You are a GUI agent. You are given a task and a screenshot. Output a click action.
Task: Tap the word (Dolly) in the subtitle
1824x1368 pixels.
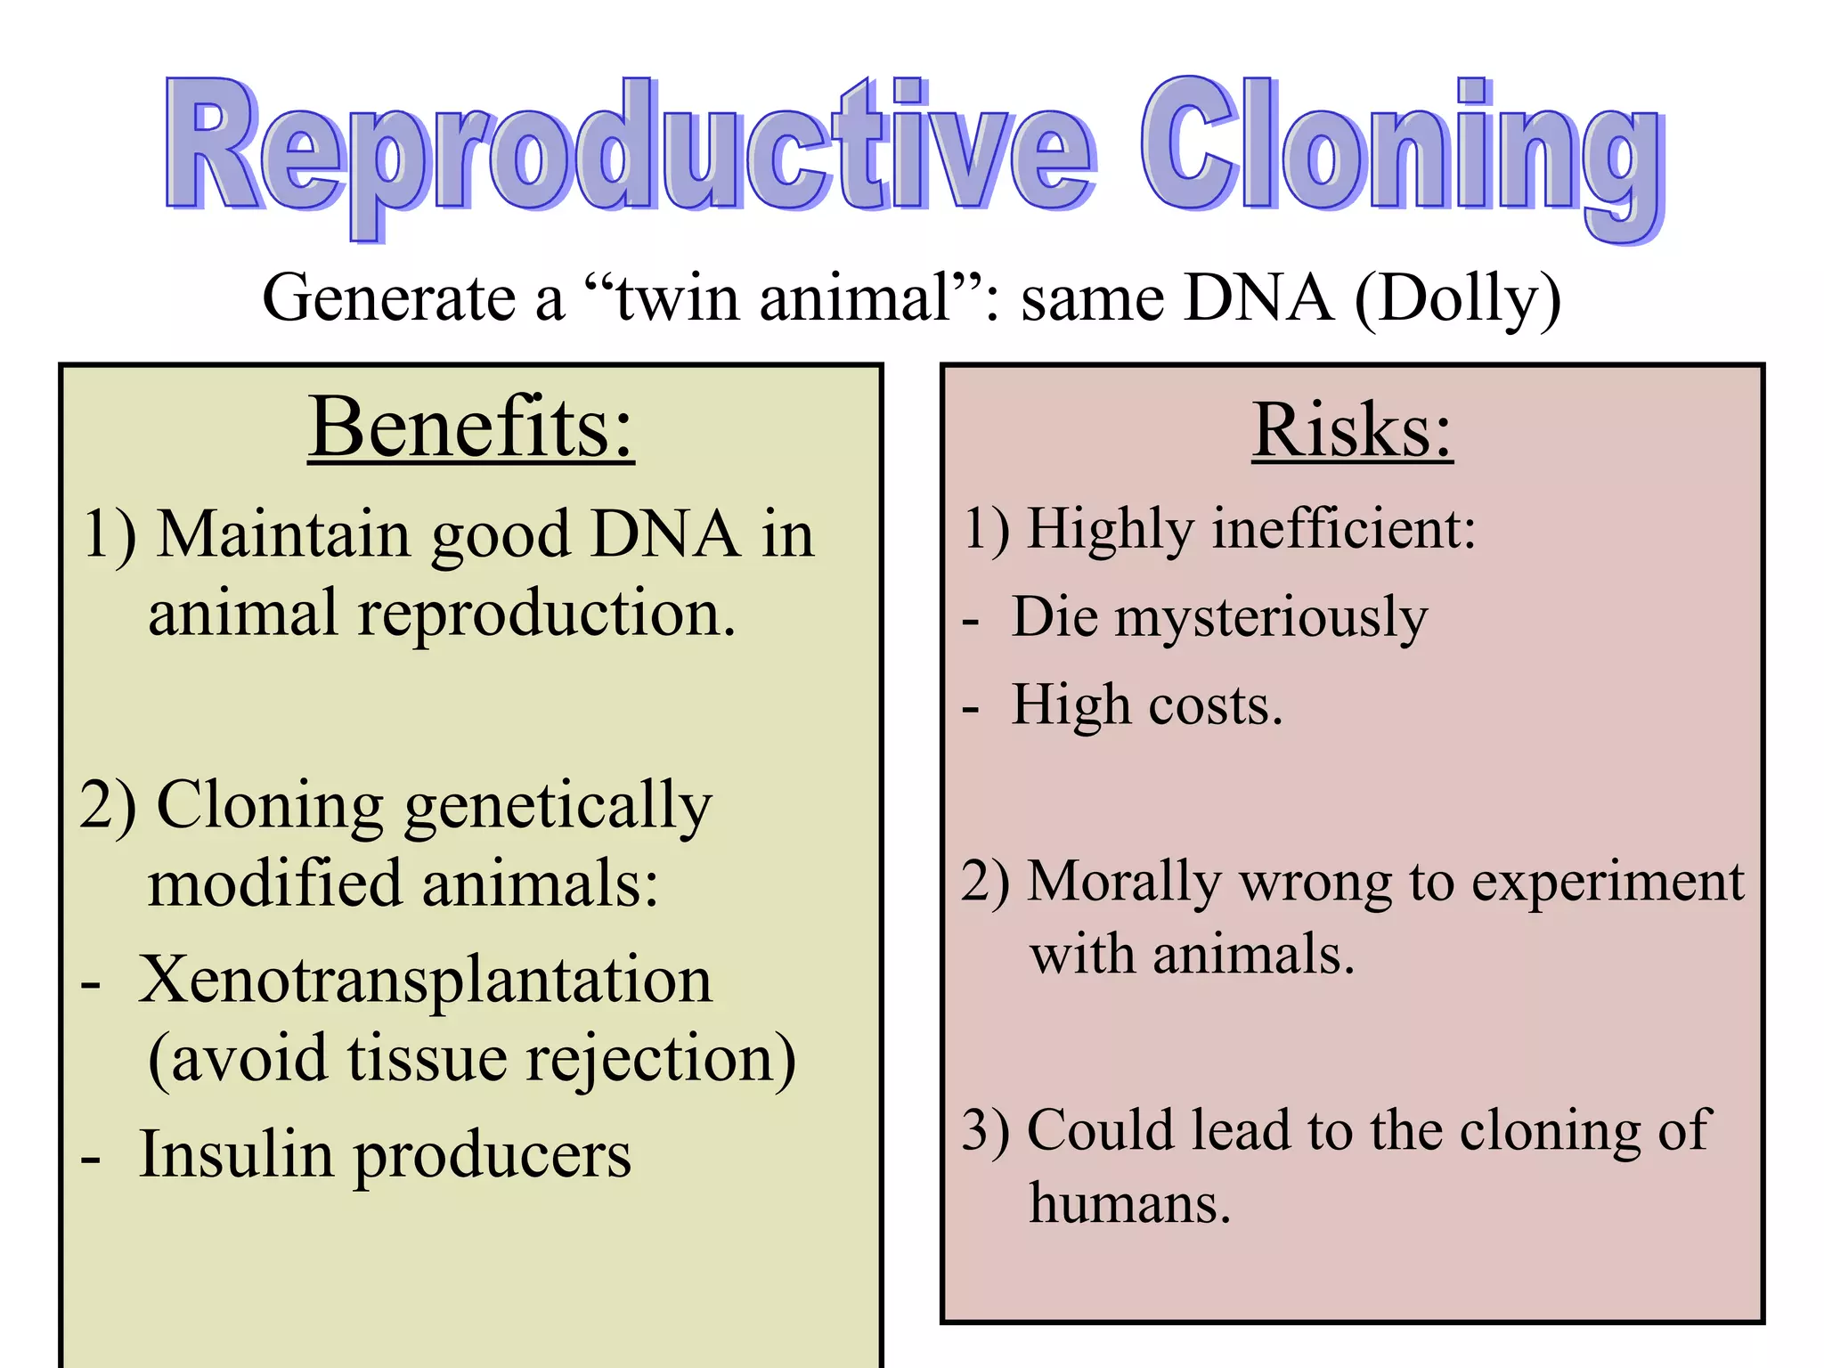[x=1457, y=298]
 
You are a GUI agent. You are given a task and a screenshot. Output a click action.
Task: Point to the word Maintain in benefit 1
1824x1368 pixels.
[x=282, y=534]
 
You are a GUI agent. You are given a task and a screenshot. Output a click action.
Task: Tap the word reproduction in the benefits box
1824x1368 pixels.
[x=546, y=615]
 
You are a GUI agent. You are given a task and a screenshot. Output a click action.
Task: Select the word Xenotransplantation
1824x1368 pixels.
[x=426, y=980]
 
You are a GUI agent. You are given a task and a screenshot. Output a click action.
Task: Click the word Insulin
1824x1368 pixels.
[x=235, y=1154]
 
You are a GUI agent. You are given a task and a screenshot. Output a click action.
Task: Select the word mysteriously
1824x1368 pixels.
[x=1271, y=617]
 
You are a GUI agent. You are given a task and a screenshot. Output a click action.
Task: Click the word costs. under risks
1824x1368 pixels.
[x=1215, y=705]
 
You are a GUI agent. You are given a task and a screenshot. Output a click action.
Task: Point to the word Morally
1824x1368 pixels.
[x=1124, y=883]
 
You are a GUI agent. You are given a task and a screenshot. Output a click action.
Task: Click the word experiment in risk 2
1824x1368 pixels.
[x=1607, y=883]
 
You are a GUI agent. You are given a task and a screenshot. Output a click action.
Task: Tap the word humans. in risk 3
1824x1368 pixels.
[x=1129, y=1203]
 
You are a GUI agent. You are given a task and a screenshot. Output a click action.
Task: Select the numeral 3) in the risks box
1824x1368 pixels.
[x=986, y=1131]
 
